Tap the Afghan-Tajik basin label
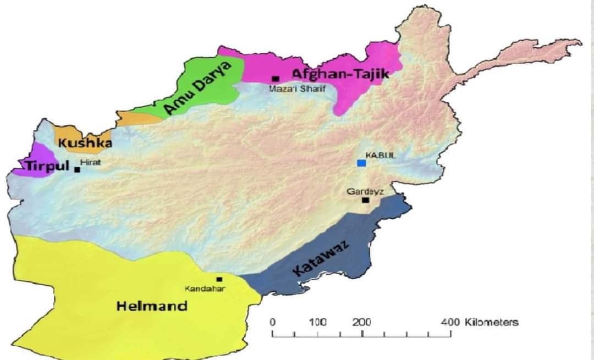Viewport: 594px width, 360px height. tap(340, 74)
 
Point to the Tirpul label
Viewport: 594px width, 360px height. tap(45, 166)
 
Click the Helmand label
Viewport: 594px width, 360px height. tap(152, 306)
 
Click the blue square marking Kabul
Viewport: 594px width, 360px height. tap(361, 163)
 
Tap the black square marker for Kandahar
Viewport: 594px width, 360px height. tap(219, 279)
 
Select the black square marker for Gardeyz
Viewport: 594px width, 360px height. tap(366, 200)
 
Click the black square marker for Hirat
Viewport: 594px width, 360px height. tap(78, 169)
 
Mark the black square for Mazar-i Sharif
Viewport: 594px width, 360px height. tap(276, 79)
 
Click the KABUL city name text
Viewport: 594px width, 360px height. tap(381, 156)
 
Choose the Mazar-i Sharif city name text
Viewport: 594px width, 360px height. tap(301, 89)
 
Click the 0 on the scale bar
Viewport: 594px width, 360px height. tap(273, 323)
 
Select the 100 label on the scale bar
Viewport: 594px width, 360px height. tap(318, 323)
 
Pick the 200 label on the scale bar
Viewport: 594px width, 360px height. tap(362, 323)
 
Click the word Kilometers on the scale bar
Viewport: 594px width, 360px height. tap(491, 323)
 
